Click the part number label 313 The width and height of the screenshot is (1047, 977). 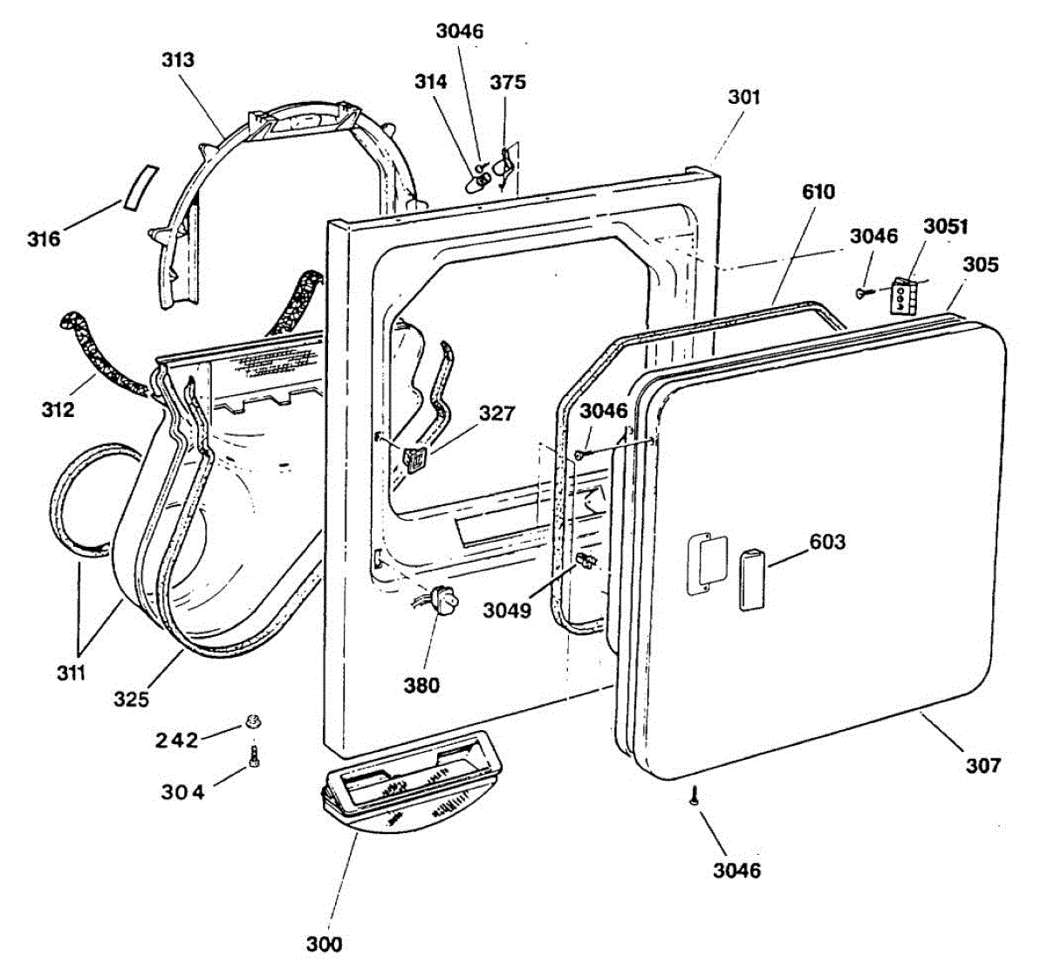pos(178,60)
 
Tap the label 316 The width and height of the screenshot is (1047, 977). pos(43,237)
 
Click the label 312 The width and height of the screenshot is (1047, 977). pos(58,408)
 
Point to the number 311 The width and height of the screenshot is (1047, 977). pos(72,673)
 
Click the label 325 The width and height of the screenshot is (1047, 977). pos(131,699)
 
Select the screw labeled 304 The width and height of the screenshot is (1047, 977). pos(255,756)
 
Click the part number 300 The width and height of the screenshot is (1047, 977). pos(324,944)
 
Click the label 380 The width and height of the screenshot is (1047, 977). pos(421,686)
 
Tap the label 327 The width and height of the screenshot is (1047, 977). pos(496,413)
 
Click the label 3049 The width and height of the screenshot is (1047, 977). pos(507,611)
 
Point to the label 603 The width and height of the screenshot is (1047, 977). pos(827,542)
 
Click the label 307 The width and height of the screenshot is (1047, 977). pos(982,765)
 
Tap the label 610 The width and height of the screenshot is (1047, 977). pos(818,192)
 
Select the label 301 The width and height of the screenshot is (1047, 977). pos(744,97)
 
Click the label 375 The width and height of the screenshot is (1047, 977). pos(508,82)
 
